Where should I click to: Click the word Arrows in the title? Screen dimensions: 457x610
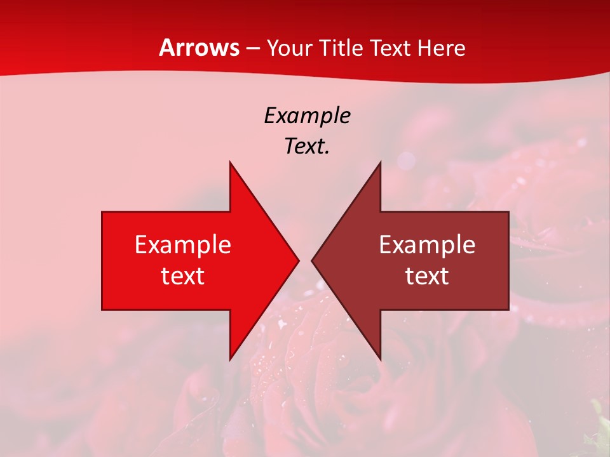[x=200, y=48]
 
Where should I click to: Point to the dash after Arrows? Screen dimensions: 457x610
[x=252, y=49]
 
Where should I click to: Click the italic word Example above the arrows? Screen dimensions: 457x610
[x=307, y=116]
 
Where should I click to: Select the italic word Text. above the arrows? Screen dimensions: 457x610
[x=307, y=146]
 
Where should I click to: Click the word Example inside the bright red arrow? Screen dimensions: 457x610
[x=183, y=244]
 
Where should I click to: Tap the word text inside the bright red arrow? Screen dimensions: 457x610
[x=183, y=275]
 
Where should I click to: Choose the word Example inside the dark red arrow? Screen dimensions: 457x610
[x=427, y=244]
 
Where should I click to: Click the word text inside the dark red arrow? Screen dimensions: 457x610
[x=427, y=275]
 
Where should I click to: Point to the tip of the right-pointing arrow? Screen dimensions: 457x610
[x=297, y=260]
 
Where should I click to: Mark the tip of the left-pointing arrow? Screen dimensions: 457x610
[x=313, y=260]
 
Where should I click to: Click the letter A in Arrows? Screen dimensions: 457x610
[x=166, y=48]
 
